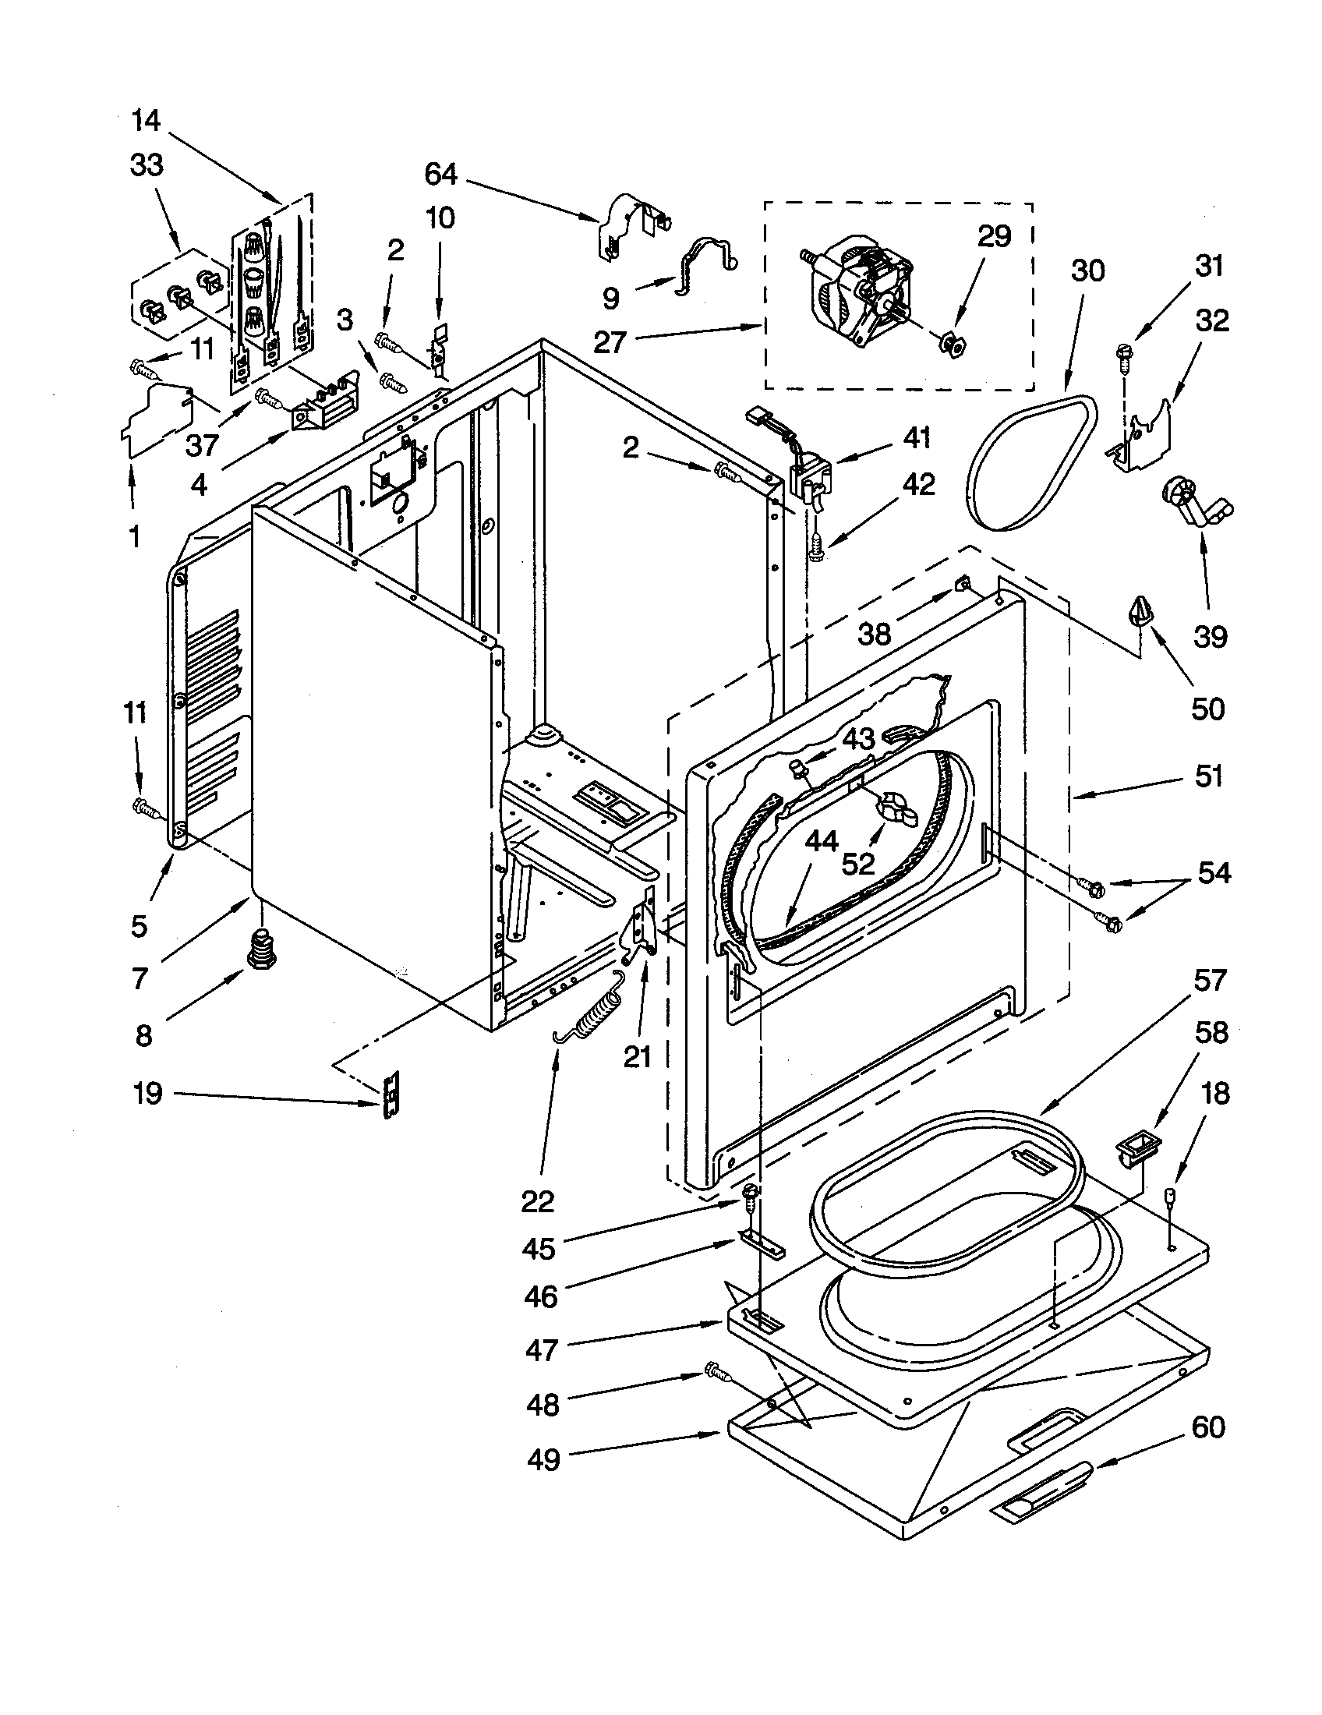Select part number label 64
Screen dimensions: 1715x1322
pos(440,175)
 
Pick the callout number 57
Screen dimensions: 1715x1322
pos(1209,981)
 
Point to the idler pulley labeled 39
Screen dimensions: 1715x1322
pos(1193,504)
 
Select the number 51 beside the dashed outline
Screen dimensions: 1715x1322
pos(1209,776)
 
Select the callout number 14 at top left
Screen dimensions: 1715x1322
pos(146,121)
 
